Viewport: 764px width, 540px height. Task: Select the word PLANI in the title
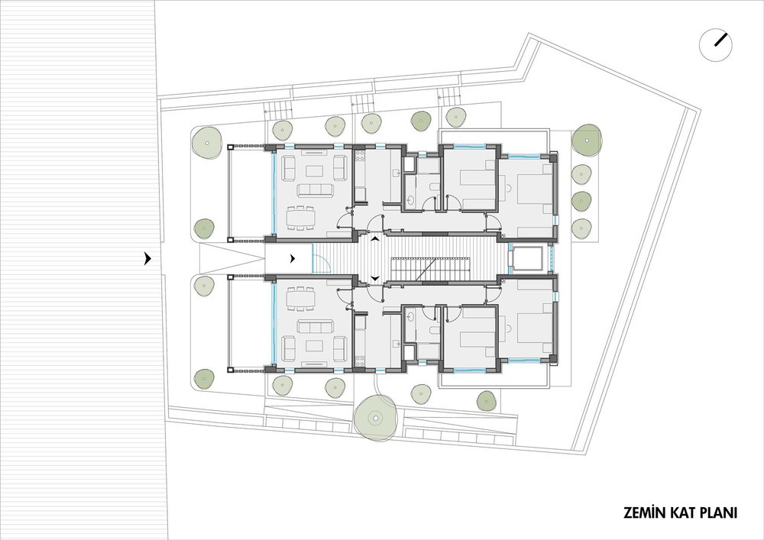click(719, 513)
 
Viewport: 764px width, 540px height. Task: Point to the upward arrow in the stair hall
click(374, 239)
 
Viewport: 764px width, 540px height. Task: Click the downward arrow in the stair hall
click(374, 278)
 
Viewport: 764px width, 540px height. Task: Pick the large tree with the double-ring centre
click(376, 417)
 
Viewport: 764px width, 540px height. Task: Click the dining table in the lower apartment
click(300, 299)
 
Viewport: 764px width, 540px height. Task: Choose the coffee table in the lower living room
click(314, 345)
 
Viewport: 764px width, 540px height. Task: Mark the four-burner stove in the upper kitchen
click(361, 156)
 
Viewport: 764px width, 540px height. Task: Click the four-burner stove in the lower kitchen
click(361, 361)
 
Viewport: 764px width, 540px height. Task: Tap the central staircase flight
click(429, 270)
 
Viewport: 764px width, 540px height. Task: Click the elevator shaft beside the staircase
click(527, 260)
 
